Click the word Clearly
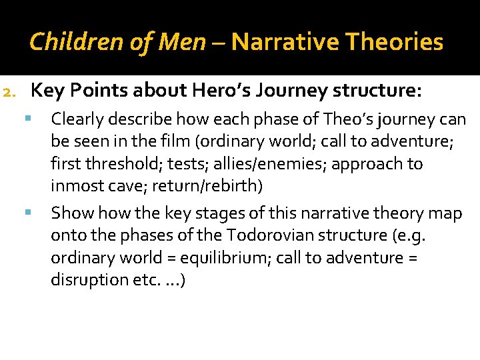coord(77,120)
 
